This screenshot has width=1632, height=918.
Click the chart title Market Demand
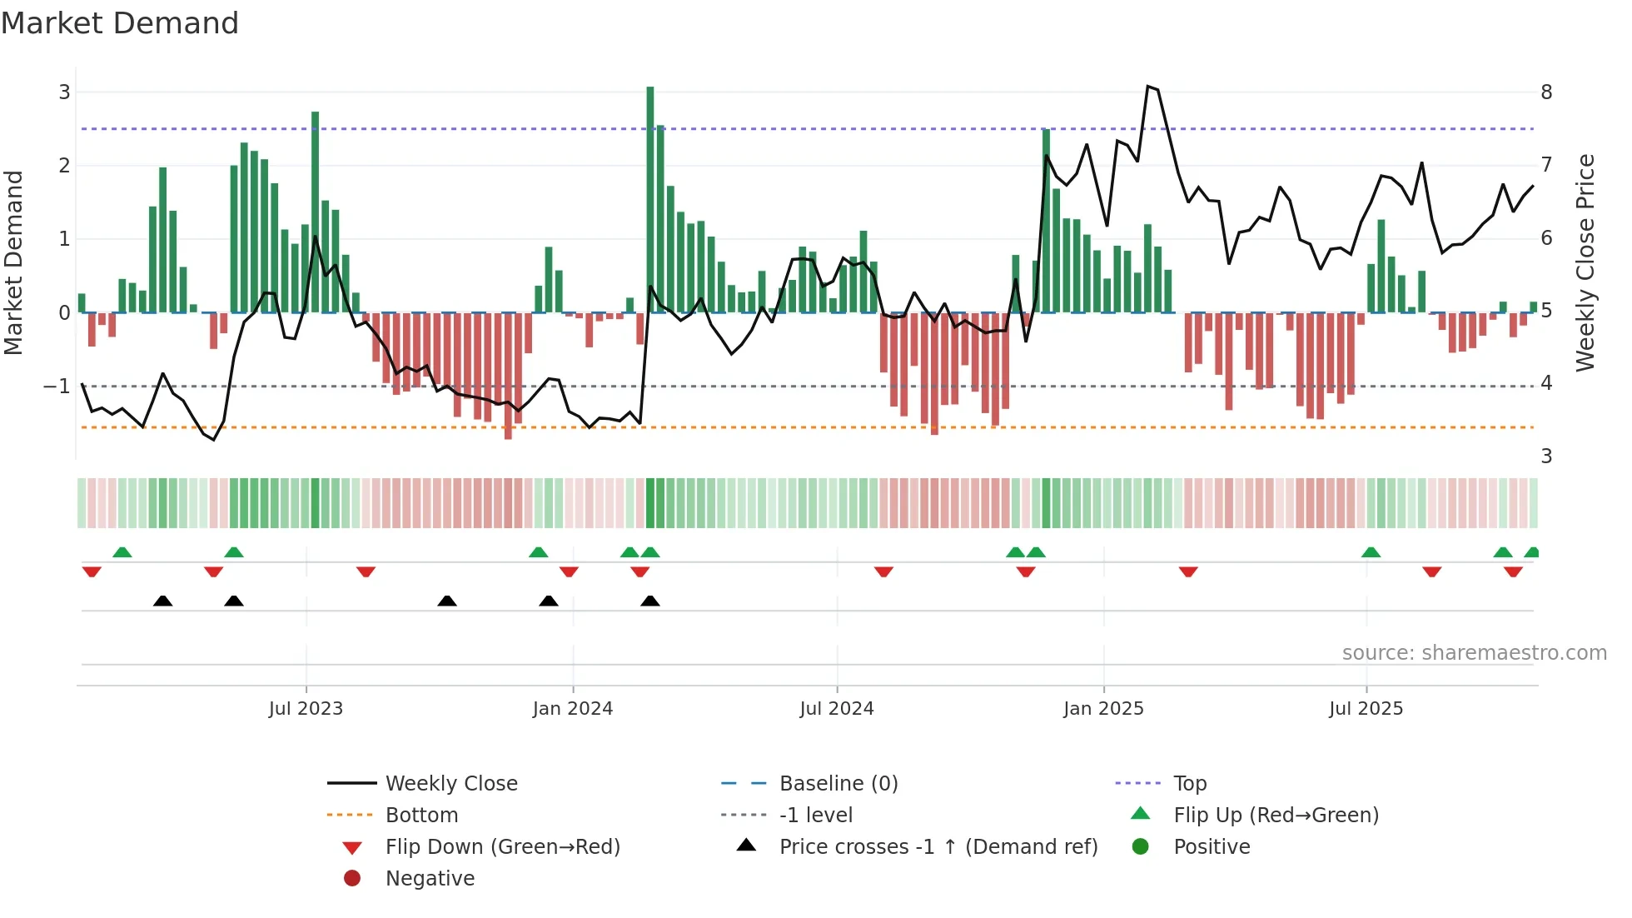120,23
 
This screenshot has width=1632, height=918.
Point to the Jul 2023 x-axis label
306,709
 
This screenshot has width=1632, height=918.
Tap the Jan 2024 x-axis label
572,709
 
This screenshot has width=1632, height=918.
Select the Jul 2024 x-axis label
837,709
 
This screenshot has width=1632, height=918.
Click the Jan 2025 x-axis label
1103,709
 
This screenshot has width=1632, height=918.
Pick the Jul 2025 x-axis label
1366,709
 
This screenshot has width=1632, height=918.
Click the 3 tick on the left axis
64,92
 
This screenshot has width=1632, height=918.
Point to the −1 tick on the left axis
57,387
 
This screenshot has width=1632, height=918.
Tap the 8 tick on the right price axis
1546,92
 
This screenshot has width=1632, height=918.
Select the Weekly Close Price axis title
1585,262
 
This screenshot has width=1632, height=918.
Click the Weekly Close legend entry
450,784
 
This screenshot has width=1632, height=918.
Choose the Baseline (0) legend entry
838,784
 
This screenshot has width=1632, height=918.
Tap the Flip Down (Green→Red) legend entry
502,847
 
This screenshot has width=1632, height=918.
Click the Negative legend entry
430,879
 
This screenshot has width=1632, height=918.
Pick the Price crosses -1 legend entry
938,847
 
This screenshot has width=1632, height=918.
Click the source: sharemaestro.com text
1474,653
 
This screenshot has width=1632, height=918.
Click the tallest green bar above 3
650,200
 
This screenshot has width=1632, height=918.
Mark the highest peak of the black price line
1148,87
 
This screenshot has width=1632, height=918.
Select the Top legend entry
1189,784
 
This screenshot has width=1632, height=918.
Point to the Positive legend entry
1211,847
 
